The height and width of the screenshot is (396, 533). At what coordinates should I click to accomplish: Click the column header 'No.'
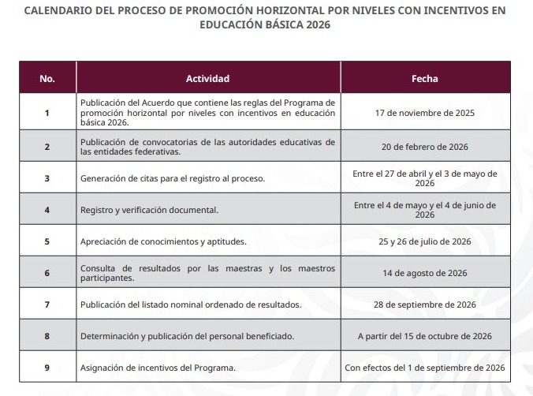pos(47,79)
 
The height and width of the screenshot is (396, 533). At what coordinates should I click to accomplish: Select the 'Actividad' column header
pos(207,79)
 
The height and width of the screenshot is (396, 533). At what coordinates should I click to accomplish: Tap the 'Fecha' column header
pos(424,79)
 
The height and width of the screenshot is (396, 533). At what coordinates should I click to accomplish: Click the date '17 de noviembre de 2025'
pos(424,113)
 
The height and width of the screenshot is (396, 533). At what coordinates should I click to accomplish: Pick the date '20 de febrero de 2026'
pos(424,147)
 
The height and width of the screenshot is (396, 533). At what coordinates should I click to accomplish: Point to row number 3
pos(47,178)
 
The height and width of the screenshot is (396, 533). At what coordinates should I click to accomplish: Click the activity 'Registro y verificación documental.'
pos(149,211)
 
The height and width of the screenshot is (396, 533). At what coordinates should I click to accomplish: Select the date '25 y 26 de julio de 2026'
pos(424,241)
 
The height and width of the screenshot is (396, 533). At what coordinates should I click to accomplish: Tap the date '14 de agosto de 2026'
pos(424,273)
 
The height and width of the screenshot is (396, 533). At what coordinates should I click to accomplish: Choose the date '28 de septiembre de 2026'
pos(424,304)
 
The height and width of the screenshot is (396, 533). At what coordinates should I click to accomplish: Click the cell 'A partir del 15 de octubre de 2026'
pos(424,336)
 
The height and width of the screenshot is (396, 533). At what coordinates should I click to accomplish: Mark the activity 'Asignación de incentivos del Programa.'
pos(158,368)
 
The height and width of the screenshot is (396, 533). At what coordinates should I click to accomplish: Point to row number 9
pos(47,368)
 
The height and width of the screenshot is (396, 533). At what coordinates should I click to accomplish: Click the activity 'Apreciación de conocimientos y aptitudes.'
pos(163,241)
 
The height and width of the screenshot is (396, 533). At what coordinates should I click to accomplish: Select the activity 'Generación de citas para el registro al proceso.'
pos(173,178)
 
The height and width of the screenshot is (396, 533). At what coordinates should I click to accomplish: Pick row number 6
pos(47,273)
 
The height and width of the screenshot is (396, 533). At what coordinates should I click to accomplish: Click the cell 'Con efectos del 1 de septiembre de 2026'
pos(424,368)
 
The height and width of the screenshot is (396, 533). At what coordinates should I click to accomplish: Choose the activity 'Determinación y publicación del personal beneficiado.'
pos(187,336)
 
